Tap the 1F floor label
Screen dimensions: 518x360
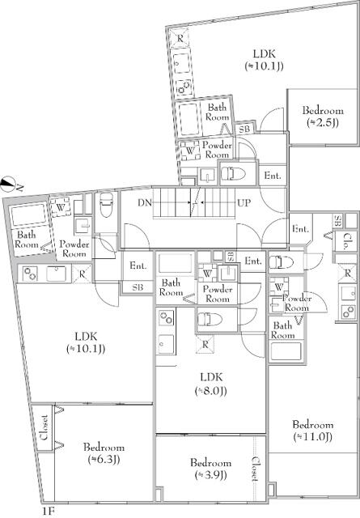click(49, 512)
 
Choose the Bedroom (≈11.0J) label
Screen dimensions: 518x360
click(313, 431)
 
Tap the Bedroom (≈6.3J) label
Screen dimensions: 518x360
click(103, 453)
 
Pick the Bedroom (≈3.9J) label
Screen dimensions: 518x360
click(210, 469)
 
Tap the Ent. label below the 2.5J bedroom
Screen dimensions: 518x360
click(273, 175)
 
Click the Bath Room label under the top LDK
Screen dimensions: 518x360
click(217, 112)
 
